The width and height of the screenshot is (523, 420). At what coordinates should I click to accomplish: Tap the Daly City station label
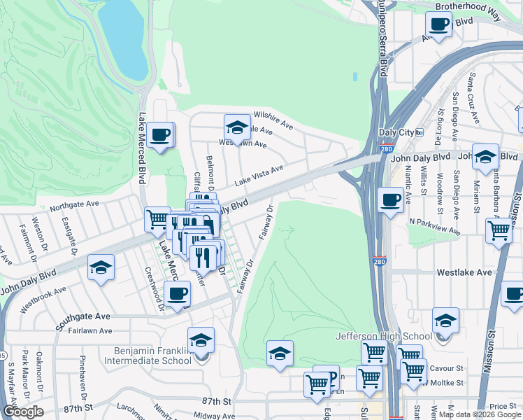point(396,132)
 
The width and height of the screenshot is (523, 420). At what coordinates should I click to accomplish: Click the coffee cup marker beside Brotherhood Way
point(440,25)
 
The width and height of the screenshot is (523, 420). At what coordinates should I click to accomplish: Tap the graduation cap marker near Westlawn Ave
point(237,127)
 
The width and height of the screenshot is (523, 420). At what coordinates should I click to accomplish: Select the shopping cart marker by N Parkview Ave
point(499,230)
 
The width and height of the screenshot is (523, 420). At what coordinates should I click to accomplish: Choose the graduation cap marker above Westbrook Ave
point(101,267)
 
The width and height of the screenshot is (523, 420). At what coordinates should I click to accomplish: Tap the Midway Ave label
point(214,416)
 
